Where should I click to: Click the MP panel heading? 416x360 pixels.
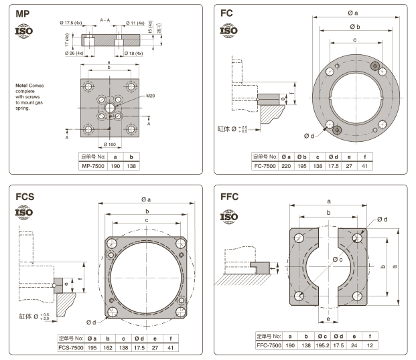23,13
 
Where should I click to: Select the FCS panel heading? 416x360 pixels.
25,197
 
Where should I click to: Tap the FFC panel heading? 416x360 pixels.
229,197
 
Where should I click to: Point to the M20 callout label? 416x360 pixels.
152,96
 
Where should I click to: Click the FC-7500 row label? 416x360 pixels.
265,165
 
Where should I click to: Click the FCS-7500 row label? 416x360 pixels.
70,347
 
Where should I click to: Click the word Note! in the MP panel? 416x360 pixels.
24,86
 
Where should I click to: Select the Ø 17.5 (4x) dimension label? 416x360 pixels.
72,22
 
